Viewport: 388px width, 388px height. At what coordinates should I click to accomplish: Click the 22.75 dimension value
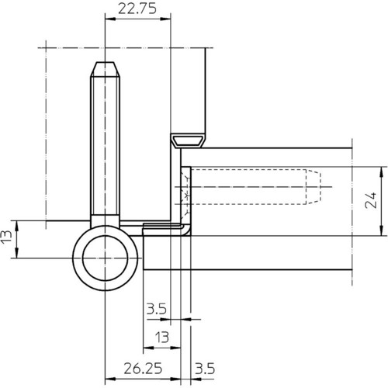click(137, 9)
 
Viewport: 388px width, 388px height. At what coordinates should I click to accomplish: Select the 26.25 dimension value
click(143, 368)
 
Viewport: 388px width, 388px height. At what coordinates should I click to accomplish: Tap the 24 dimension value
click(371, 200)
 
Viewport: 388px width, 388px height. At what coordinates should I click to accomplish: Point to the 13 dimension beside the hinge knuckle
click(6, 236)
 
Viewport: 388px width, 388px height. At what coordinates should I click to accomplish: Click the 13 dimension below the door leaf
click(162, 338)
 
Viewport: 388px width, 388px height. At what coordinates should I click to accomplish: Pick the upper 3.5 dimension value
click(157, 309)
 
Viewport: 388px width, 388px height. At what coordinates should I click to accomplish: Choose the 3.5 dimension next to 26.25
click(205, 369)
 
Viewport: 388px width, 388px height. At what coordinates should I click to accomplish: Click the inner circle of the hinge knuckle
click(105, 258)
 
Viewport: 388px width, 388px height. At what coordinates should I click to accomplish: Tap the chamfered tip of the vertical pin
click(105, 69)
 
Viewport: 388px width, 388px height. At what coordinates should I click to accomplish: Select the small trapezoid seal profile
click(189, 141)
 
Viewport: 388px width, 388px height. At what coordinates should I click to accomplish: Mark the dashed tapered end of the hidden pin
click(314, 186)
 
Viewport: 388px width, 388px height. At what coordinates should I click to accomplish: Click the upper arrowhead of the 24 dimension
click(381, 172)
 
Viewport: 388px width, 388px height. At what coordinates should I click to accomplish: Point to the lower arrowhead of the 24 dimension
click(381, 230)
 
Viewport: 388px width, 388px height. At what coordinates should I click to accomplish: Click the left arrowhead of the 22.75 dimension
click(110, 19)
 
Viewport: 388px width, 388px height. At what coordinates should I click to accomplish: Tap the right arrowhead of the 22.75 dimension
click(165, 19)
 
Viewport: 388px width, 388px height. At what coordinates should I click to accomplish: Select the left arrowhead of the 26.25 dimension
click(110, 379)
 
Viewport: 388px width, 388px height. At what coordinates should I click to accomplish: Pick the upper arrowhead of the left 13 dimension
click(16, 226)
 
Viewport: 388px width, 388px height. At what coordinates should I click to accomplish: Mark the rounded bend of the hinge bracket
click(185, 230)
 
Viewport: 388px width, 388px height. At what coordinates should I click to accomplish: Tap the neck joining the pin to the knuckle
click(105, 220)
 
